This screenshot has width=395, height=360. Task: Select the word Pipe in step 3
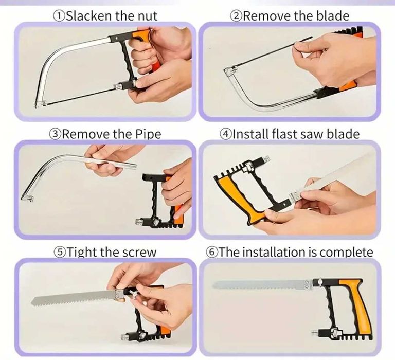pyautogui.click(x=148, y=134)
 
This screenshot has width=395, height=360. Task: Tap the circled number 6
pyautogui.click(x=211, y=252)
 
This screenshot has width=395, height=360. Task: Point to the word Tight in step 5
pyautogui.click(x=82, y=252)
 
